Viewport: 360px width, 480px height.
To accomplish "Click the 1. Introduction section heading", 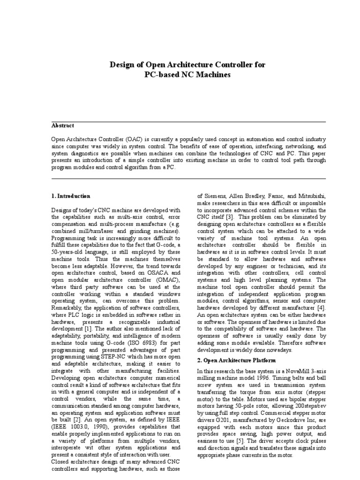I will point(71,195).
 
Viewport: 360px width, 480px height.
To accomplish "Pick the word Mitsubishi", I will point(301,196).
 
